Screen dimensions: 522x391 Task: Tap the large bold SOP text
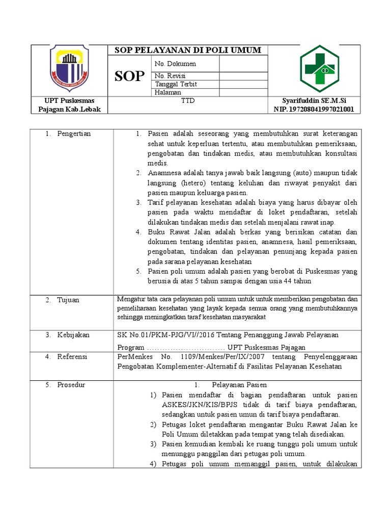tap(130, 76)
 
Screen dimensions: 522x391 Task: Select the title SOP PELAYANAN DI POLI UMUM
tap(188, 50)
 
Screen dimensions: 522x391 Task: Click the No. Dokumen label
tap(175, 64)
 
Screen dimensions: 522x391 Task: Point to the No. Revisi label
tap(171, 76)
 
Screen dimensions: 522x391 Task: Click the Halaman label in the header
tap(168, 92)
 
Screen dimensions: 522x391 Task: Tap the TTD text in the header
tap(188, 101)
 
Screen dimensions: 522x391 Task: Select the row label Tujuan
tap(69, 300)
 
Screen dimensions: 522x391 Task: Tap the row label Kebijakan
tap(73, 335)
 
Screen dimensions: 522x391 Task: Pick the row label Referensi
tap(72, 357)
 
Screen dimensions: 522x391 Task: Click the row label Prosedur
tap(71, 385)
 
